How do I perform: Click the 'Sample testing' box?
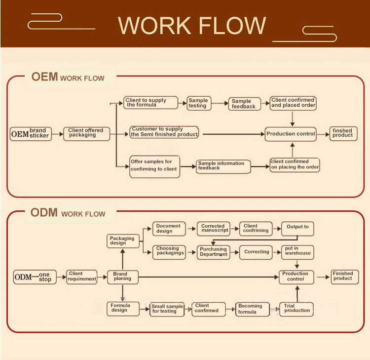(198, 103)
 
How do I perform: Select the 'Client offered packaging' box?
(86, 133)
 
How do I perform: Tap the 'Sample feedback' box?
(244, 104)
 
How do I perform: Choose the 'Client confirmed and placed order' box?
(293, 103)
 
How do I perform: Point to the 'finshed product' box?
(343, 133)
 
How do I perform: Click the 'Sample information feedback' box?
(223, 166)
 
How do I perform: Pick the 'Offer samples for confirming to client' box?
(154, 166)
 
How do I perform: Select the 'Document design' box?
(169, 229)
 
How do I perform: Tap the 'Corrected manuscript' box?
(215, 229)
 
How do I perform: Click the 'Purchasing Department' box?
(214, 252)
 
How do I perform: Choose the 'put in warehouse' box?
(297, 252)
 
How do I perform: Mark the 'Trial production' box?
(296, 309)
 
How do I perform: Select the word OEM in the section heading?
(45, 77)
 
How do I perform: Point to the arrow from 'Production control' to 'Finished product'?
(323, 277)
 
